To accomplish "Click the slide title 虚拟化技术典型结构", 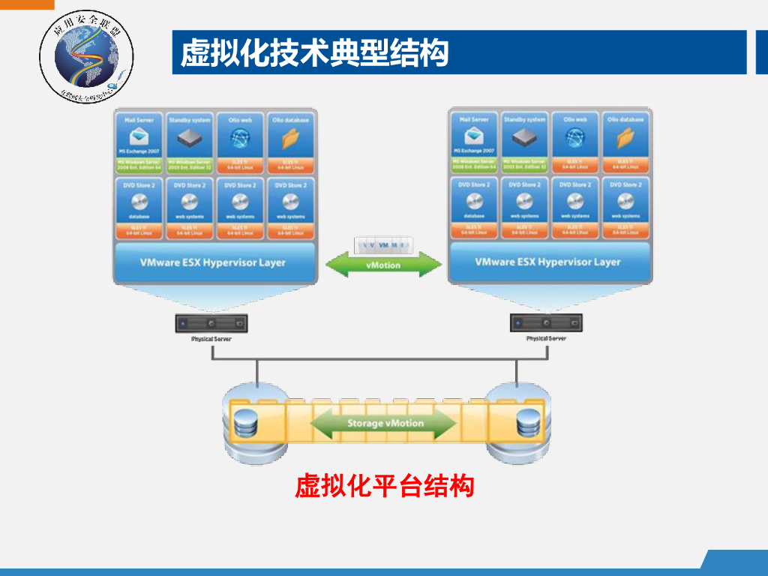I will coord(315,53).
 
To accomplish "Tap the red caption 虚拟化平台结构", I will coord(384,486).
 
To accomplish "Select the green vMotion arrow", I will coord(384,264).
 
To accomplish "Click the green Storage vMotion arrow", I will coord(384,424).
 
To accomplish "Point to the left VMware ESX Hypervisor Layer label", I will coord(213,262).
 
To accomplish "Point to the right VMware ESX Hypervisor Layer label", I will coord(548,262).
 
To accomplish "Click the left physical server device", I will coord(211,323).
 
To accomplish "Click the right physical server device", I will coord(546,323).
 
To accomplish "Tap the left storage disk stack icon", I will coord(245,425).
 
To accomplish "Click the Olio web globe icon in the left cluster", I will coord(240,138).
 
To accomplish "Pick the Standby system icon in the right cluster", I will coord(525,137).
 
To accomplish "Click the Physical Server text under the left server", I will coord(211,339).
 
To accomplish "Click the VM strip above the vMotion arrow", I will coord(384,245).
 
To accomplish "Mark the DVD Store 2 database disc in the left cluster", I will coord(139,202).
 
